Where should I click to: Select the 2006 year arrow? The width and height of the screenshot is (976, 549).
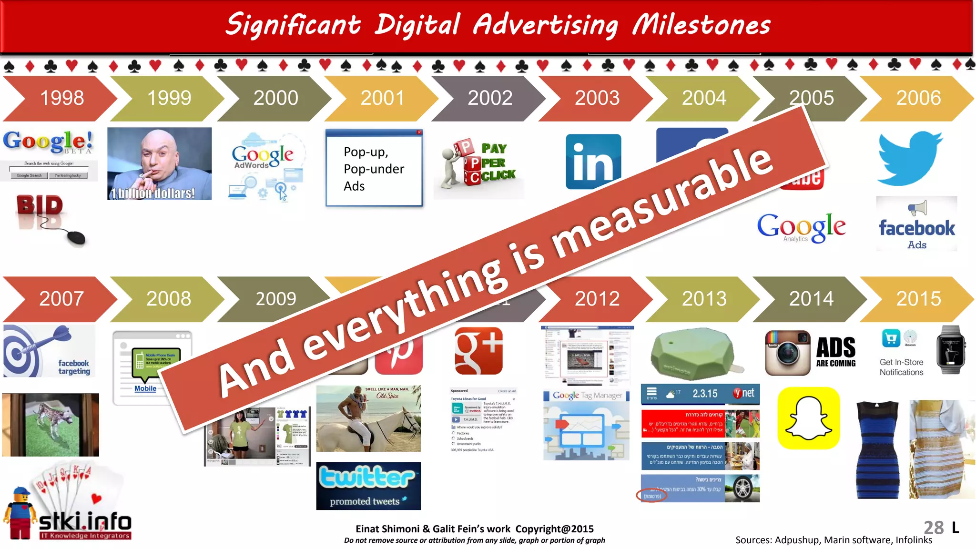[918, 98]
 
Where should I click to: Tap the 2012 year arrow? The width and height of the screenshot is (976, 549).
[597, 299]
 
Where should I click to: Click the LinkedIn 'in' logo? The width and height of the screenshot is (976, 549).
[593, 162]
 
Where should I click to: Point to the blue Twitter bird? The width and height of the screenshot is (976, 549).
[909, 158]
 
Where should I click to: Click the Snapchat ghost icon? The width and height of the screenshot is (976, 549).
[808, 418]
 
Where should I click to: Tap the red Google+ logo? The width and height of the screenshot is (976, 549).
[478, 351]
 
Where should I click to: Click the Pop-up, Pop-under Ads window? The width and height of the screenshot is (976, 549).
[374, 168]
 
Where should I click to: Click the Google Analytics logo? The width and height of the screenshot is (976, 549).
[802, 228]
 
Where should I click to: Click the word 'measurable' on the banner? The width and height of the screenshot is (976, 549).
[662, 205]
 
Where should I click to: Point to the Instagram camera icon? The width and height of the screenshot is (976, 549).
[787, 353]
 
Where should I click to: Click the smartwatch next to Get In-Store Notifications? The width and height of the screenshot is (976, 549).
[950, 350]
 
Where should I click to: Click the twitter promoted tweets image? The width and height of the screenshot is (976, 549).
[368, 486]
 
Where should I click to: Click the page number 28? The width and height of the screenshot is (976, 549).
[933, 528]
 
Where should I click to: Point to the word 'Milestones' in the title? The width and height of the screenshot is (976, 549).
[701, 25]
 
